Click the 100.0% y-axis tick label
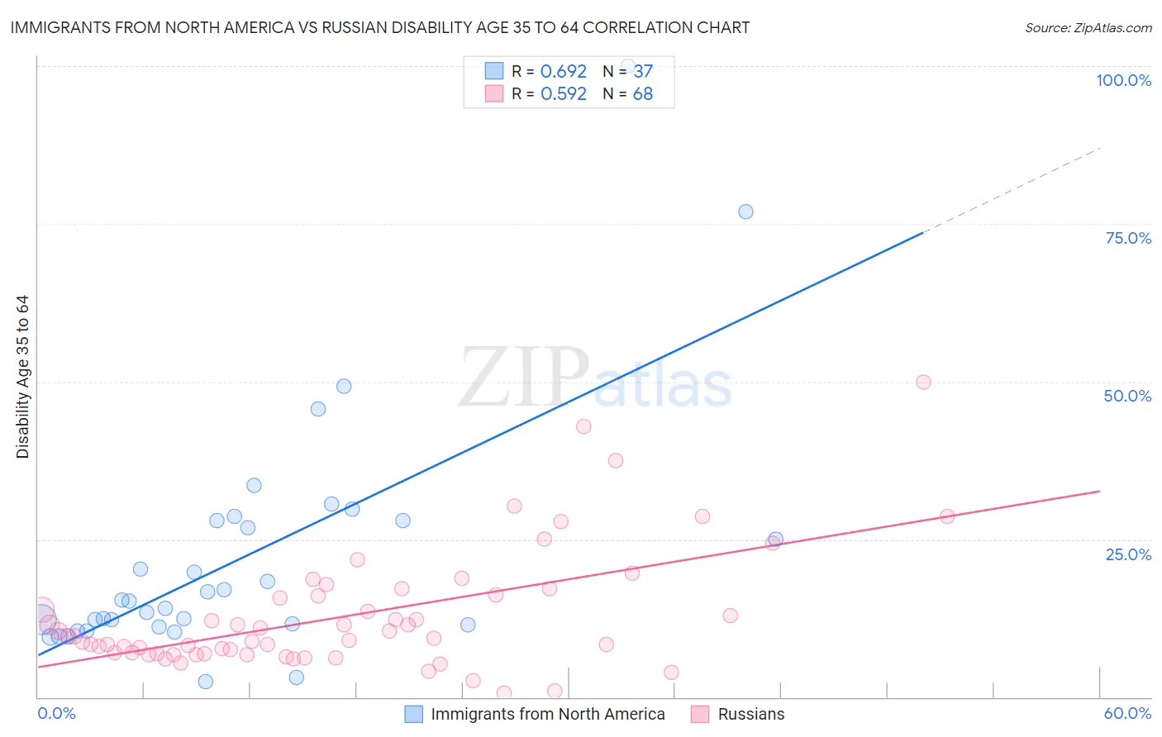[1123, 80]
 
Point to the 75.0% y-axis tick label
[1128, 238]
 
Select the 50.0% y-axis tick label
[1127, 396]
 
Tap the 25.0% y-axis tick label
[1128, 554]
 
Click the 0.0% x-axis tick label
[56, 713]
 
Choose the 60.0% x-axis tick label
[1127, 713]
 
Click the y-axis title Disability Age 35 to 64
[22, 377]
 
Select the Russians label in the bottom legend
[750, 714]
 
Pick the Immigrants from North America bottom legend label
[547, 714]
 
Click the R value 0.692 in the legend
[563, 72]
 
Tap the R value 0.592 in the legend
[563, 94]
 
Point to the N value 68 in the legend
[642, 94]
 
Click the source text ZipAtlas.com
[1088, 28]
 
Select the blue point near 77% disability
[745, 212]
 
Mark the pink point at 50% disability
[923, 382]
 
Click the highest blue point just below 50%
[344, 386]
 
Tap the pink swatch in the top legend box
[494, 93]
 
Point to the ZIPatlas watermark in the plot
[595, 378]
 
